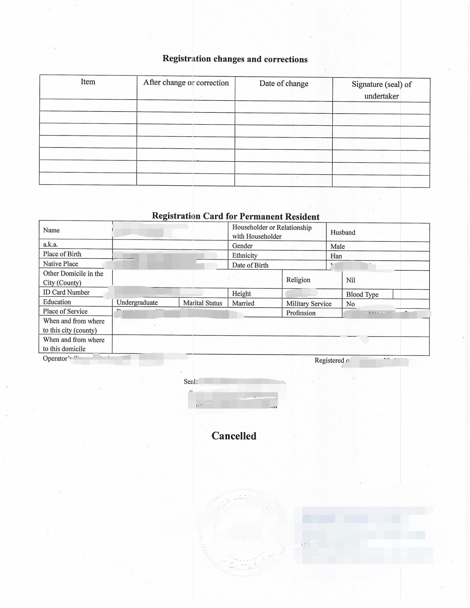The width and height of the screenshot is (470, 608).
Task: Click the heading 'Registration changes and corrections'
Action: [235, 59]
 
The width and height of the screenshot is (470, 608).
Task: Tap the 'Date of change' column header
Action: [284, 84]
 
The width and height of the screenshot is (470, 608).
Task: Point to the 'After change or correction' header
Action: [186, 83]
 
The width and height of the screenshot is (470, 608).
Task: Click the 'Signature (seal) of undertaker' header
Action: [381, 90]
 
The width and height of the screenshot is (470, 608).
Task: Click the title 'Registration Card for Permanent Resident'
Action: [235, 216]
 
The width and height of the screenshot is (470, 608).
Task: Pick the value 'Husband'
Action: [343, 233]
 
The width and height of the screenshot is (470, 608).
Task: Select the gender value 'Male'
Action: [337, 246]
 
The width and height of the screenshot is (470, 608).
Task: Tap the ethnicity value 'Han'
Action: [336, 256]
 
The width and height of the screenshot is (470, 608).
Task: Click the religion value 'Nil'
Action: [350, 280]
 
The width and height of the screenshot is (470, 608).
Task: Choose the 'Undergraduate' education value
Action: [137, 303]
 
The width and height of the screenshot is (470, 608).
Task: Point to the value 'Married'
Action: [243, 303]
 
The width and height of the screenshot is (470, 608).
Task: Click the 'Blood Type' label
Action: [362, 294]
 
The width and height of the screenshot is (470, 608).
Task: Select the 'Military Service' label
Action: [309, 304]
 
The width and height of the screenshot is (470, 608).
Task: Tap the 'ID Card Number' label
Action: [66, 292]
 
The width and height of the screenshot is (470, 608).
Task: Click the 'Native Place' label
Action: [60, 264]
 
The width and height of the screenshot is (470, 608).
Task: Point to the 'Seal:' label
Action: [191, 381]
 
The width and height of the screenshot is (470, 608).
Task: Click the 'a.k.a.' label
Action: [50, 244]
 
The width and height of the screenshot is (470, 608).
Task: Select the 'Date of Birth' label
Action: [250, 265]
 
